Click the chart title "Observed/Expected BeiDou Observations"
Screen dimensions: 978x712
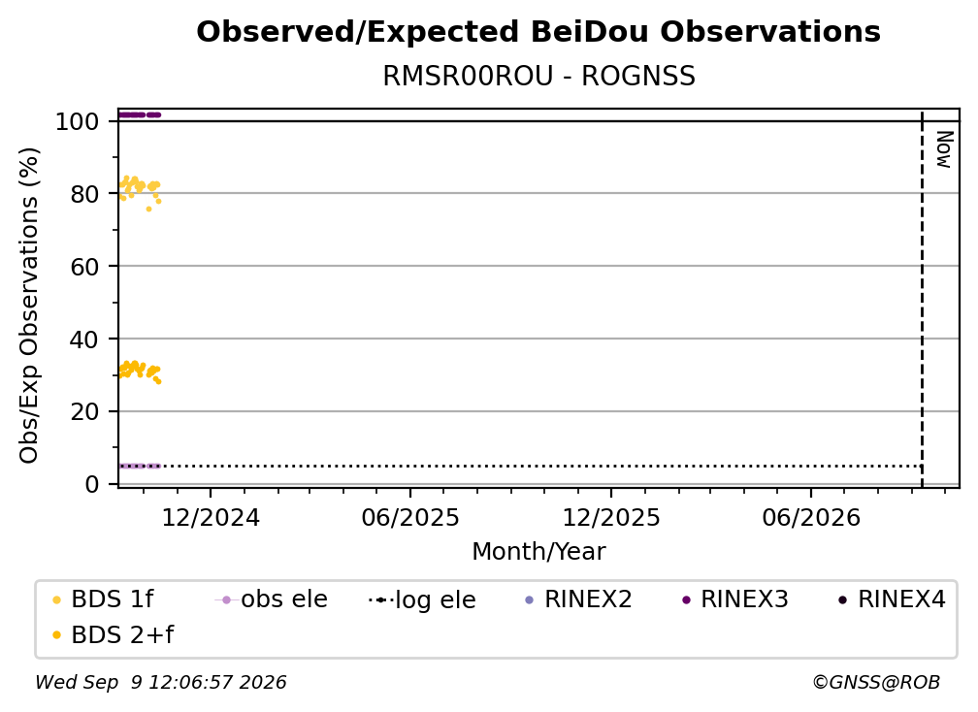[538, 32]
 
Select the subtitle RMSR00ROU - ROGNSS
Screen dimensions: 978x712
[538, 77]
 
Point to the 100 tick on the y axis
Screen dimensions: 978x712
[78, 121]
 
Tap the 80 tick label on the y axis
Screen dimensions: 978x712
[84, 195]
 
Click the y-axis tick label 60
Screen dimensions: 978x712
[84, 267]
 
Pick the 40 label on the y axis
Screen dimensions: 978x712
[84, 340]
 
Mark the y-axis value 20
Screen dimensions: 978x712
[84, 412]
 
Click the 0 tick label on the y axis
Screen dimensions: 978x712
[92, 484]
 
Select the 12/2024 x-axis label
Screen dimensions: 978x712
[211, 518]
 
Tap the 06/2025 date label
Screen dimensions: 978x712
[410, 518]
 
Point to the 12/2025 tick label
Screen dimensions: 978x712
[611, 518]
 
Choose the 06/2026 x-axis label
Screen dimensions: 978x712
[811, 518]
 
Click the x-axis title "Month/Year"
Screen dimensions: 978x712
[538, 552]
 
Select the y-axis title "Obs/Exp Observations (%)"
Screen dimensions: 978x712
[29, 306]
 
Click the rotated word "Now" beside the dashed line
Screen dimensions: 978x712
[944, 149]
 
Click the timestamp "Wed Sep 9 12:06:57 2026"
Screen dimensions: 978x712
[161, 683]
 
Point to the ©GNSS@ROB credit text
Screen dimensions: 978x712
[876, 683]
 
